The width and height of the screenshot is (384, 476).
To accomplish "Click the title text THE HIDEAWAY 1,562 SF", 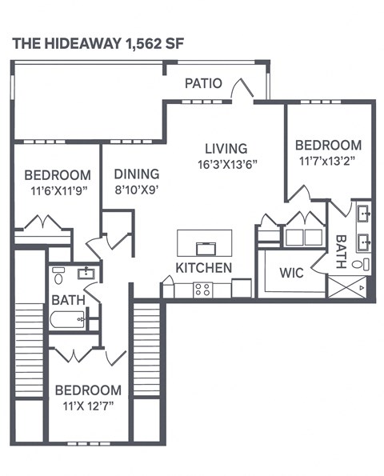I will click(x=98, y=45).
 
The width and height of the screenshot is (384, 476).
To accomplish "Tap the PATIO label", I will click(x=203, y=82).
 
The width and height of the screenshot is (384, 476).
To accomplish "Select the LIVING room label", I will click(x=226, y=148).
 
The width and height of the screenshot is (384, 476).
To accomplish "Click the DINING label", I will click(x=136, y=174).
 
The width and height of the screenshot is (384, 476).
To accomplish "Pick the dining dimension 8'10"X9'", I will click(x=136, y=190).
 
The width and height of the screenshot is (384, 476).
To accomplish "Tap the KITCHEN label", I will click(x=204, y=267).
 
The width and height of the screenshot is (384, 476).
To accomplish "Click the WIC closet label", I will click(x=290, y=272).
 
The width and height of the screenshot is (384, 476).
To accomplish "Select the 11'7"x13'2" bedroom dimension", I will click(x=328, y=161).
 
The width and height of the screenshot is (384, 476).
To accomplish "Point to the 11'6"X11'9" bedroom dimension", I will click(x=57, y=191).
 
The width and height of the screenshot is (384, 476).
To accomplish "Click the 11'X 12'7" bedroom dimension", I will click(x=88, y=406).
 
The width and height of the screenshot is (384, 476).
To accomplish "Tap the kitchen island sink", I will click(x=205, y=245).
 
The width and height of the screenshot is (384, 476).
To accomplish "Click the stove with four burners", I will click(x=202, y=289).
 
